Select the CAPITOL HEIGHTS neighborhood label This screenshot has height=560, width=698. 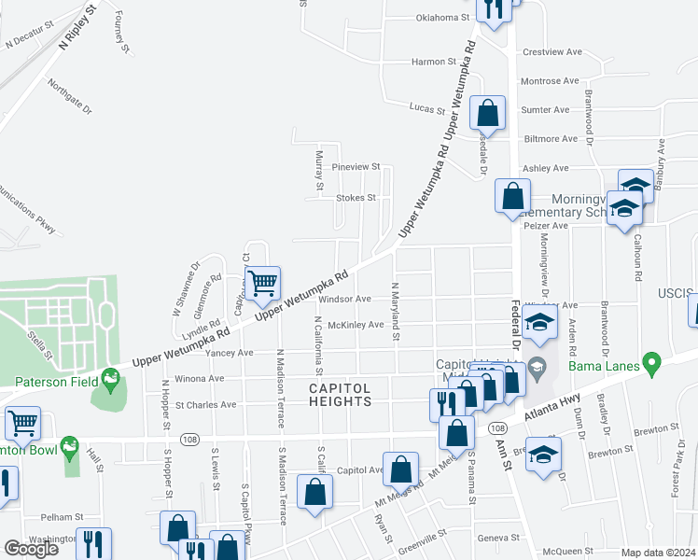341,394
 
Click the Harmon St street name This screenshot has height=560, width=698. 434,62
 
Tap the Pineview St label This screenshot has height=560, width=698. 356,167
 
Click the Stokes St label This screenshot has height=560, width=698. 356,198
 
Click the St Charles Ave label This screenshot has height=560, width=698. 205,405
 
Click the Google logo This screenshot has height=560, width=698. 31,549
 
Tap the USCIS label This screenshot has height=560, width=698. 679,295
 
